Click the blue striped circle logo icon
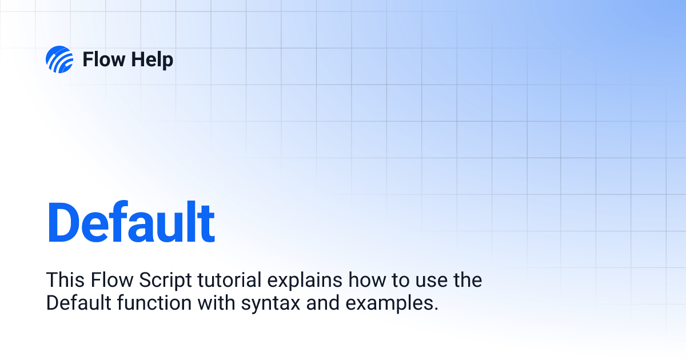59,59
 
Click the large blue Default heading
131,222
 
